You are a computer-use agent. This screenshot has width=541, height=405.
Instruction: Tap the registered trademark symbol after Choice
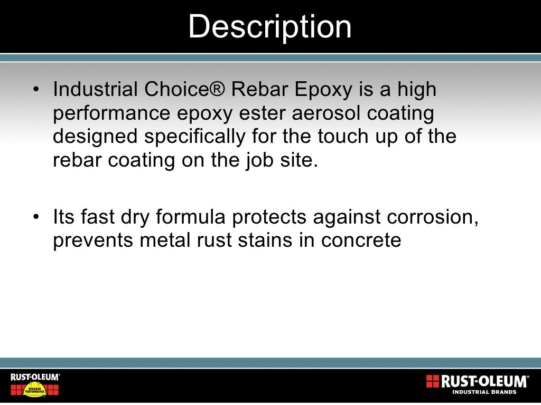217,90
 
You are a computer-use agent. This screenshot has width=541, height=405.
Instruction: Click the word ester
247,113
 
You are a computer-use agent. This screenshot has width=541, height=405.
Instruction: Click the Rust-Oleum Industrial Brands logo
477,383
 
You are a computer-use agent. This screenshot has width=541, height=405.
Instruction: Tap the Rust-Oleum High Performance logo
35,384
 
